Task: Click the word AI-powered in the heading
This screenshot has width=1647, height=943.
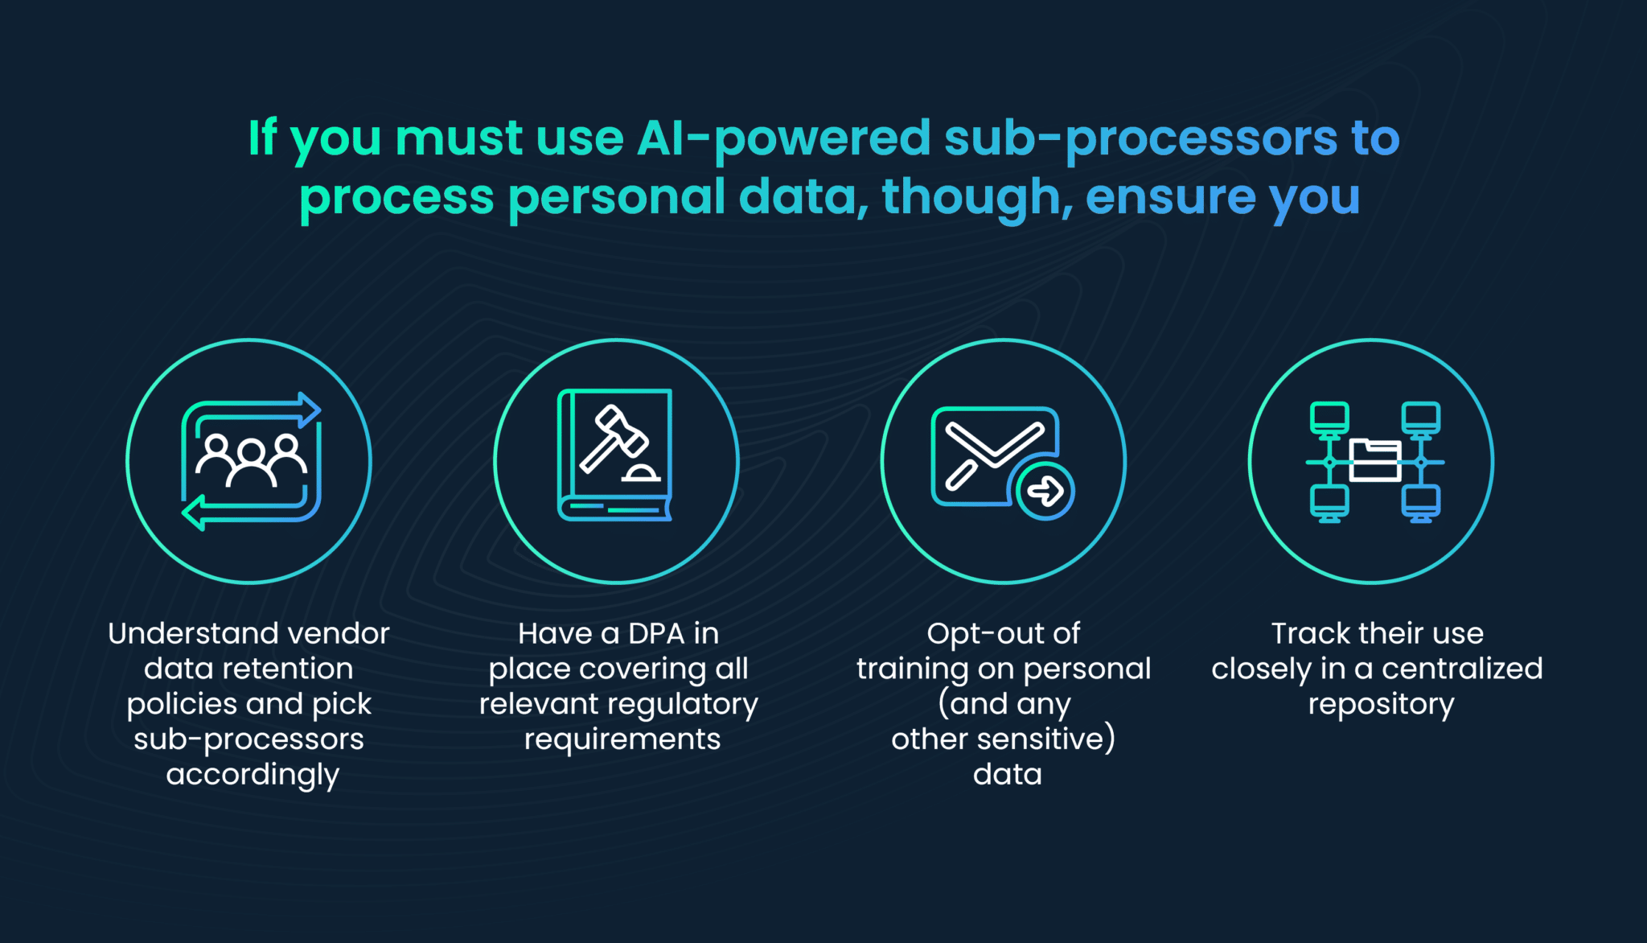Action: point(783,138)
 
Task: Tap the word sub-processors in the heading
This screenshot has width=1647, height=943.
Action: point(1140,138)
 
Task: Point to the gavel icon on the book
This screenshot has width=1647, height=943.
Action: point(614,438)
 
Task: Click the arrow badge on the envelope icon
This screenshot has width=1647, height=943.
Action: point(1045,491)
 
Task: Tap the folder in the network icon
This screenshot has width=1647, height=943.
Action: point(1374,460)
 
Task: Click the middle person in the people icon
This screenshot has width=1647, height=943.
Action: point(251,463)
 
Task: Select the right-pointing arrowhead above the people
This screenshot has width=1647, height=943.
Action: point(310,410)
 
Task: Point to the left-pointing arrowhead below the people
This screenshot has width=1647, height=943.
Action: point(194,513)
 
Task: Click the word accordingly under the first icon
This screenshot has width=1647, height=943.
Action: point(253,776)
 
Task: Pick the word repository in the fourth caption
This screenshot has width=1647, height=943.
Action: point(1381,706)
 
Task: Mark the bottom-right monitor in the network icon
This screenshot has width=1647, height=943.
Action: point(1421,504)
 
